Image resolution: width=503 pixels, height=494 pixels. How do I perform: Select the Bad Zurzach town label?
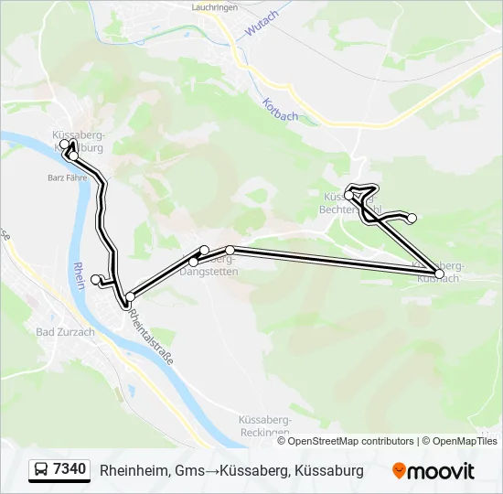point(65,332)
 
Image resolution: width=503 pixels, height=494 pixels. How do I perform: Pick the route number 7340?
point(70,469)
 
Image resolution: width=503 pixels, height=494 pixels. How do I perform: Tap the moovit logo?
point(433,471)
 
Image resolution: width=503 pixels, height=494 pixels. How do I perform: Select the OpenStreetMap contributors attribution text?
point(350,441)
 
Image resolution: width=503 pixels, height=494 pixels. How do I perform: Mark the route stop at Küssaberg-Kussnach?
point(440,274)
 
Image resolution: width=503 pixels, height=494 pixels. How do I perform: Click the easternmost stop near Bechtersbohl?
point(412,218)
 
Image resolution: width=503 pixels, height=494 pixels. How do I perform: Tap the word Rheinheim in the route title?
point(134,470)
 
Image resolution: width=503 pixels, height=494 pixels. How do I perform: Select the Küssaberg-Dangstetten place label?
point(210,266)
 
